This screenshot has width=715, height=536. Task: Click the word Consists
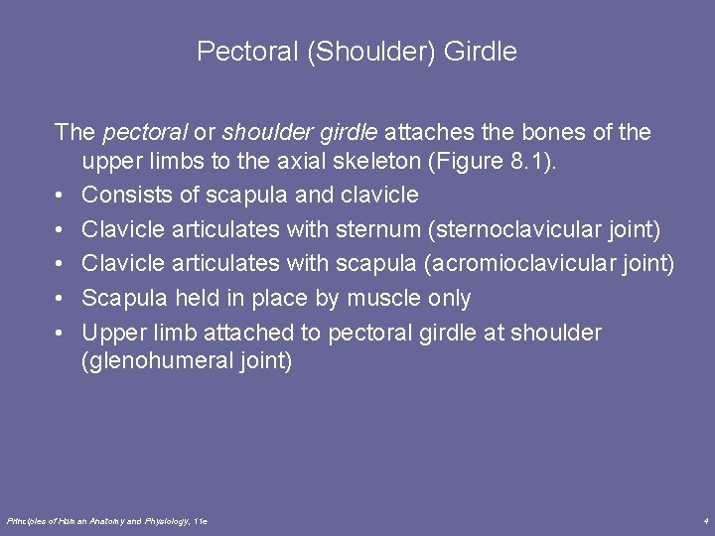point(126,196)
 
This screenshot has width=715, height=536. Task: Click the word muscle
point(385,298)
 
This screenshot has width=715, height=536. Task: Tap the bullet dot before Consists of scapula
point(62,196)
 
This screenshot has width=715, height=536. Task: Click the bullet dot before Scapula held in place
point(62,298)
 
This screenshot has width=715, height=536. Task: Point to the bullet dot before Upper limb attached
point(62,333)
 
